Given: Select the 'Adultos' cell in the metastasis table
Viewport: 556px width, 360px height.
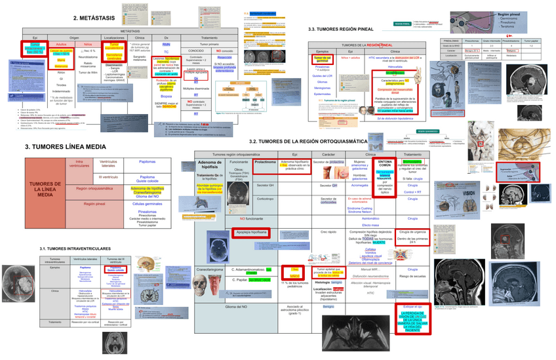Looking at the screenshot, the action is [60, 44].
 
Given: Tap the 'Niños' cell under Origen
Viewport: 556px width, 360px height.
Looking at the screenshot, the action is [88, 44].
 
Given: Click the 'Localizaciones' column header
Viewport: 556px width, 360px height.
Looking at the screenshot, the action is [114, 38].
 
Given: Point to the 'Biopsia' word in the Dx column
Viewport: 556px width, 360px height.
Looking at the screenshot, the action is [167, 96].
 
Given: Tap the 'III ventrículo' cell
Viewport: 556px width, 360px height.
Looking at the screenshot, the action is [108, 177].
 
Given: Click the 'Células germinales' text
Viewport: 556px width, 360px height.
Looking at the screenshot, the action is [148, 204].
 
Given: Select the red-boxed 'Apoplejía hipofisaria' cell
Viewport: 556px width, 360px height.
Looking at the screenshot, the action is [250, 231].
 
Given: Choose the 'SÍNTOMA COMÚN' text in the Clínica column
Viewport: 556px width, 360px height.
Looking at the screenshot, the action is [385, 163].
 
